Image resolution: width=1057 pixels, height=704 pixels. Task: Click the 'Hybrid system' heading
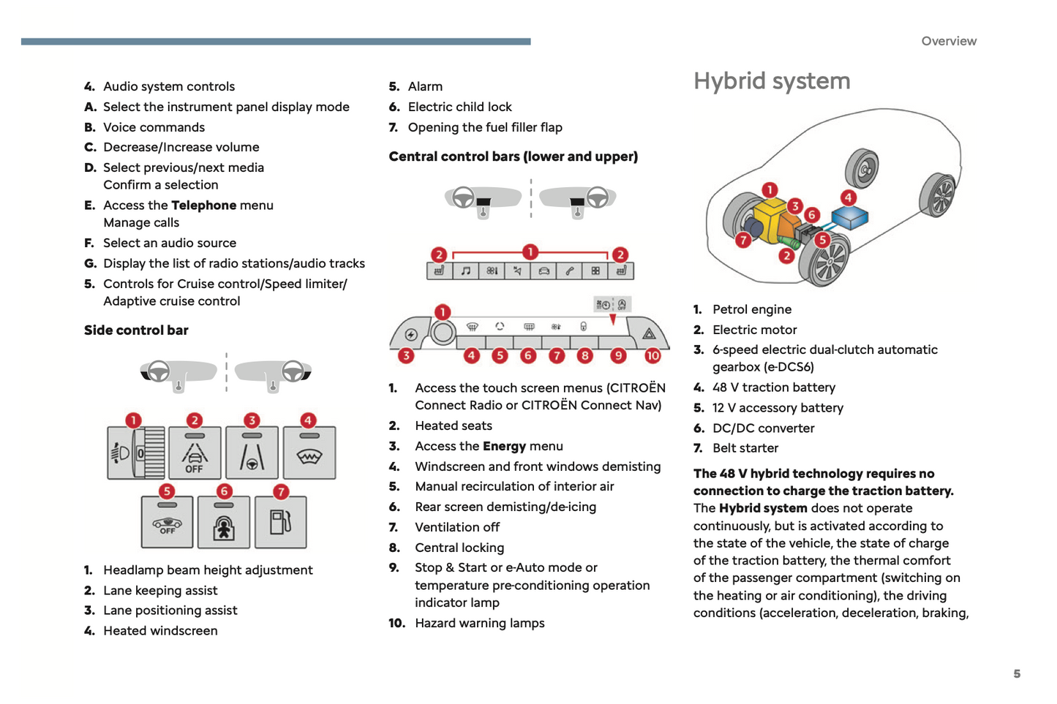(x=772, y=81)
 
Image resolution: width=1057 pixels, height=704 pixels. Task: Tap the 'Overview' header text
(x=949, y=41)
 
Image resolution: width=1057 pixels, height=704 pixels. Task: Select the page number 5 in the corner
(x=1017, y=673)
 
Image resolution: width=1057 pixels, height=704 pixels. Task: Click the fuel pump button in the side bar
(x=280, y=523)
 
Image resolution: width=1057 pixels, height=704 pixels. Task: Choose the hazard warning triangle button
(x=649, y=334)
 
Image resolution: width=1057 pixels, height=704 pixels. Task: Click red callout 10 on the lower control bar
(x=652, y=356)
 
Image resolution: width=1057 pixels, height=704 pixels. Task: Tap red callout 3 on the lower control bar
(x=406, y=356)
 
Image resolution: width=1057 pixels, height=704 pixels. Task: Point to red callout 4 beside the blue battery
(x=848, y=197)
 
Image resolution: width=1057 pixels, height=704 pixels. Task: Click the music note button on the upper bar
(x=465, y=271)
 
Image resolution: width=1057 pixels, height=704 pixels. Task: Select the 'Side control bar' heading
(x=136, y=330)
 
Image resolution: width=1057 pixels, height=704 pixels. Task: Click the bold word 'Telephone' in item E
(x=203, y=205)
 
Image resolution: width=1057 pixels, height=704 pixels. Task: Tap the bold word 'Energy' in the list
(x=504, y=446)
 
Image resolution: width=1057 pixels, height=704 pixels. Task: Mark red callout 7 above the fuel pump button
(x=281, y=492)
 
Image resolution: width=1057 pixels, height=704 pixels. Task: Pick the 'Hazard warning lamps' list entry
(x=479, y=623)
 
